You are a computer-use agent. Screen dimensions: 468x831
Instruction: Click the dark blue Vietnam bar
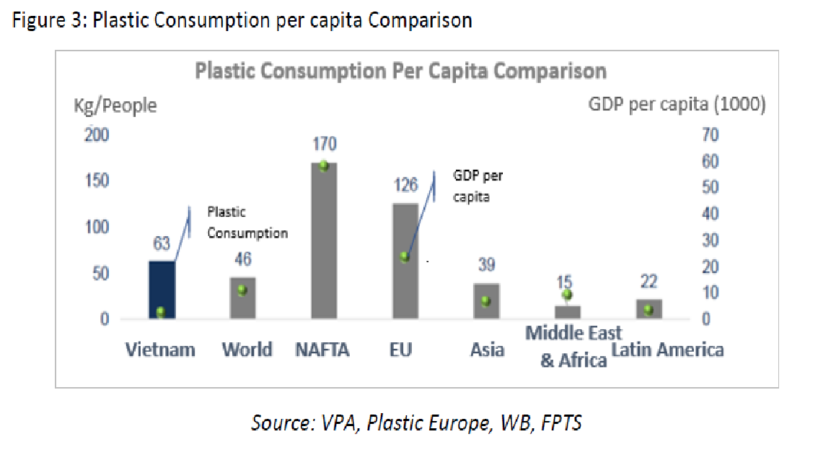(x=162, y=289)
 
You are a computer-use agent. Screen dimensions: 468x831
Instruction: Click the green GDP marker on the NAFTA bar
(x=324, y=165)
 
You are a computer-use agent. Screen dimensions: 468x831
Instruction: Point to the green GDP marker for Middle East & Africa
(x=567, y=294)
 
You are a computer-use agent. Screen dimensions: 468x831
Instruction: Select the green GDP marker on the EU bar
(x=405, y=256)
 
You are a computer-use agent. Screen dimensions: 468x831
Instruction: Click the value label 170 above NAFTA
(x=324, y=144)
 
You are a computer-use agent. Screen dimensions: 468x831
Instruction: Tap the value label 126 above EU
(x=405, y=186)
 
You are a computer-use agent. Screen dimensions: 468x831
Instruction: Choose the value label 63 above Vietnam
(x=161, y=244)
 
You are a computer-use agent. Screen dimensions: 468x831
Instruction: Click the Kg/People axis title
(x=115, y=105)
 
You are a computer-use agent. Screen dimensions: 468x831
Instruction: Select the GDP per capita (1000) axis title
(x=677, y=105)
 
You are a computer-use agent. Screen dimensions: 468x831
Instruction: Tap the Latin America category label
(x=667, y=350)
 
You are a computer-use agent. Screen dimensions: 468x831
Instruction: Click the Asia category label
(x=487, y=350)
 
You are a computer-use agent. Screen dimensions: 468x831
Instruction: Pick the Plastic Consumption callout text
(x=247, y=222)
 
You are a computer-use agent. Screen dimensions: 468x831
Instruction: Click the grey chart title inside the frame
(x=401, y=71)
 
